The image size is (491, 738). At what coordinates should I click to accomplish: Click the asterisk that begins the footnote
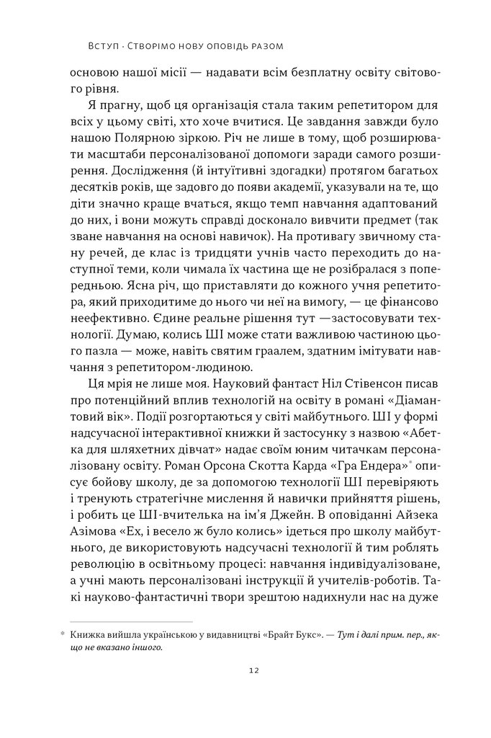click(x=62, y=633)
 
